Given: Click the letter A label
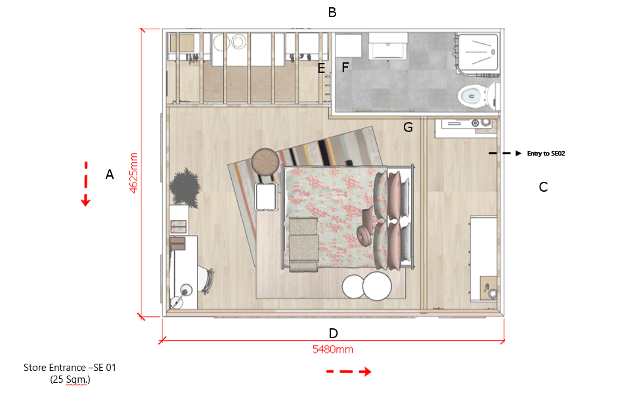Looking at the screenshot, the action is click(110, 175).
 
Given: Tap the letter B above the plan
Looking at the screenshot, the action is click(332, 12).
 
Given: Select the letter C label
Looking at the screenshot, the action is click(543, 187).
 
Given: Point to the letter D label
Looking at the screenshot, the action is click(333, 334).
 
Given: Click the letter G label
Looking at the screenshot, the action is click(408, 127).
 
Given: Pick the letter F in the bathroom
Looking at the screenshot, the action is click(345, 67).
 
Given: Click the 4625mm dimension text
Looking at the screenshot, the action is click(134, 173).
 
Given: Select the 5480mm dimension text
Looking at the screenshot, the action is click(332, 349).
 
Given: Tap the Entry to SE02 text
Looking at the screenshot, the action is click(546, 154).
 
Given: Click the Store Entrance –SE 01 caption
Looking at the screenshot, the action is click(70, 368).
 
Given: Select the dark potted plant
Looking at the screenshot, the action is click(185, 188).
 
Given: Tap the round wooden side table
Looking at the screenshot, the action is click(265, 162).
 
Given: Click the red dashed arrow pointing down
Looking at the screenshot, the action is click(85, 184).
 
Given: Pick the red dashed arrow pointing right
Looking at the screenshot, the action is click(349, 372).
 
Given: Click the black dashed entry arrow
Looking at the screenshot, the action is click(505, 154).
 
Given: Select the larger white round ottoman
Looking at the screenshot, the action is click(377, 286).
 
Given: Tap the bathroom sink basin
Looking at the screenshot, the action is click(387, 46).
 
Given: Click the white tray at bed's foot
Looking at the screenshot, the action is click(267, 197).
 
